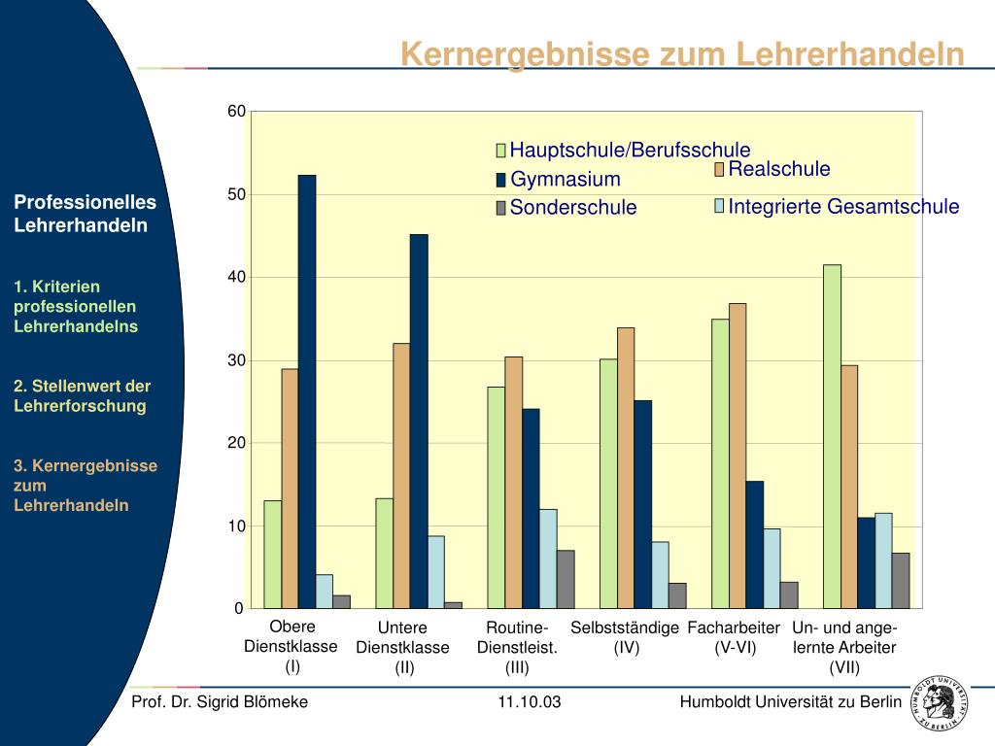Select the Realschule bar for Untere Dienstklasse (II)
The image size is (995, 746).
point(401,475)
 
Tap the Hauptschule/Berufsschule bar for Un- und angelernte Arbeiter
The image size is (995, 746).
point(832,436)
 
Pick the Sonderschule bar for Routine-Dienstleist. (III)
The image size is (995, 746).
point(566,579)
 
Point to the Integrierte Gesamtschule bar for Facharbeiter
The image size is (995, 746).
point(772,568)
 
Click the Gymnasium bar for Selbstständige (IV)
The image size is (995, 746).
point(643,504)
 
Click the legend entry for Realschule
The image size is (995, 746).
point(778,170)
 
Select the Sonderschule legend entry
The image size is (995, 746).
point(573,208)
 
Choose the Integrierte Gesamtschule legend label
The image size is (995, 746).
point(843,206)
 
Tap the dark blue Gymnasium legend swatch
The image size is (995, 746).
point(501,180)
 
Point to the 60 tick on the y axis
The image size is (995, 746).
point(237,112)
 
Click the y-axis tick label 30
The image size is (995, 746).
point(237,360)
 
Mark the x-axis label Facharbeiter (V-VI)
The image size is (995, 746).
point(734,637)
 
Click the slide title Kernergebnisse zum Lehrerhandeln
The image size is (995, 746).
point(683,54)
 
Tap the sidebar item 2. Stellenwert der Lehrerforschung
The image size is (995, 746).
point(82,396)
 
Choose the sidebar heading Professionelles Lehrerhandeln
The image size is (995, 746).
point(85,214)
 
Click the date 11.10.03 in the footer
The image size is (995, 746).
point(530,702)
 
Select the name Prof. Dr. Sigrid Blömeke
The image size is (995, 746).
point(220,702)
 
